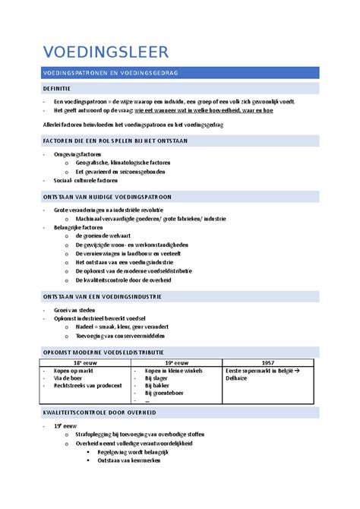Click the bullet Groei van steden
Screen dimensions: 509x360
74,310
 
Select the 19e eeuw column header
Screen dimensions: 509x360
178,362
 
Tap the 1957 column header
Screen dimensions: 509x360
268,362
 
